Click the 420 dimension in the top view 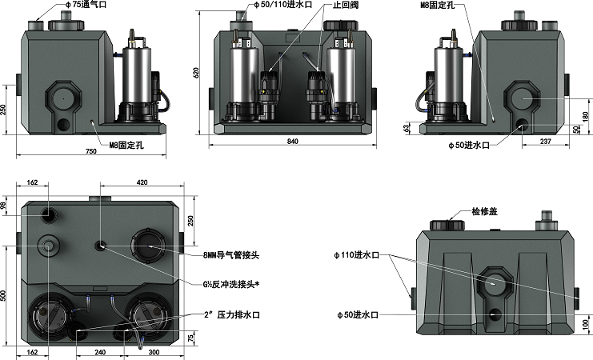click(142, 183)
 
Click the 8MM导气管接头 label click(231, 255)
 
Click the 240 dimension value click(101, 351)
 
